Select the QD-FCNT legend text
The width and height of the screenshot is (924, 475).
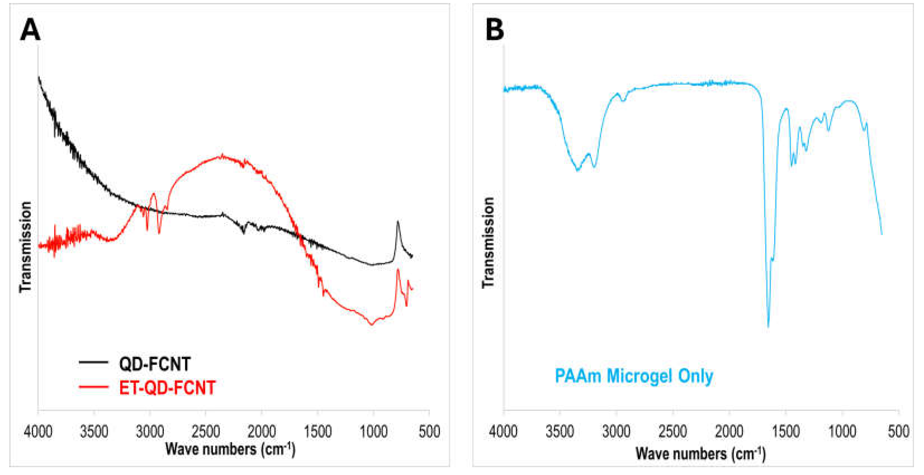155,364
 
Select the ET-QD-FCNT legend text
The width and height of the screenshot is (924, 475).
167,388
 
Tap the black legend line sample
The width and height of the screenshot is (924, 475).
93,362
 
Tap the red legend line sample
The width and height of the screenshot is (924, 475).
93,386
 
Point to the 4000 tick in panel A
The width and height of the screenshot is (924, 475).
38,431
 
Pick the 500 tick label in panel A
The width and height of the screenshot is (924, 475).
429,431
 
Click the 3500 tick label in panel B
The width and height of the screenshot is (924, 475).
560,431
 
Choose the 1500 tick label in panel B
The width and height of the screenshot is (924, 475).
786,431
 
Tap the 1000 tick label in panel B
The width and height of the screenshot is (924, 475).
842,431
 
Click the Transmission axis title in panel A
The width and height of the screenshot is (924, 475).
25,247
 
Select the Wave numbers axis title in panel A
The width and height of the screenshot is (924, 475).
230,449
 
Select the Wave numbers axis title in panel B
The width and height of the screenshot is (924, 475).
700,454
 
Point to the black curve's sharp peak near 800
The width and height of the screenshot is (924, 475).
397,222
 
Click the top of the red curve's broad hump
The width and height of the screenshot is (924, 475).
222,156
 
